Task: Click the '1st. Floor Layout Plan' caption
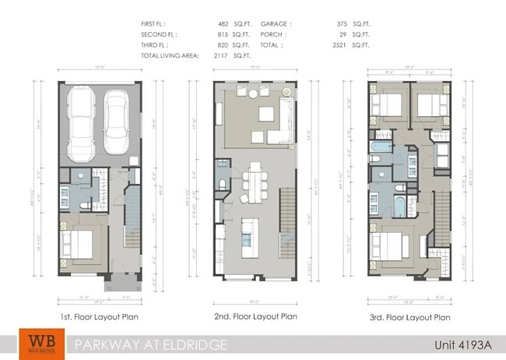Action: point(99,317)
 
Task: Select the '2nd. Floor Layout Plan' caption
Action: point(255,317)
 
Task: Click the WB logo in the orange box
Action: point(37,344)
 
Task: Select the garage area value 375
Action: point(336,24)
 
